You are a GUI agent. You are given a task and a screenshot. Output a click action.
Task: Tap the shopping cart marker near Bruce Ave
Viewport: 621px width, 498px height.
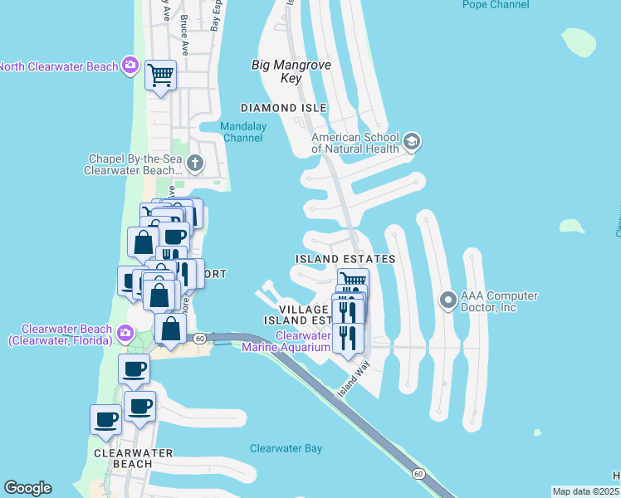(x=160, y=76)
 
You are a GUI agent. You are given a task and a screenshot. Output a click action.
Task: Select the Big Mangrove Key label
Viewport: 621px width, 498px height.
(x=277, y=71)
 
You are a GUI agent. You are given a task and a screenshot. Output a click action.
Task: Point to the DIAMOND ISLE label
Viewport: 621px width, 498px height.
(x=283, y=109)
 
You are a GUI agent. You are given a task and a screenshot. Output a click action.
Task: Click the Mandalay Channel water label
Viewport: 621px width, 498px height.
(x=242, y=132)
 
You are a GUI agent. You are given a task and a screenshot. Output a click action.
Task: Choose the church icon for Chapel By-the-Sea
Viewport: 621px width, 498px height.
(x=195, y=163)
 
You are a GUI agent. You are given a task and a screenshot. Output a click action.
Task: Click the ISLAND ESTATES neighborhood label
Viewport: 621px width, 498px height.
(x=345, y=260)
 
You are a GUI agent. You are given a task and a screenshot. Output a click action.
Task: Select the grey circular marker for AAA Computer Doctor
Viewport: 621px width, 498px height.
(x=448, y=300)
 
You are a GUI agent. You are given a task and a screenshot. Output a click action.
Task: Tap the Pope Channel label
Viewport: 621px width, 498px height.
(x=496, y=5)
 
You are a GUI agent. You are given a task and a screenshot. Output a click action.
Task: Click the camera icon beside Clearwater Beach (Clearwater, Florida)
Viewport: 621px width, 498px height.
(x=125, y=334)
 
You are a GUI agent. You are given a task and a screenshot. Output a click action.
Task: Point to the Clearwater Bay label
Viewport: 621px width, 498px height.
(x=286, y=449)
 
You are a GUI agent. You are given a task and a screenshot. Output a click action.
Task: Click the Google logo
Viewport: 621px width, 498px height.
(x=27, y=488)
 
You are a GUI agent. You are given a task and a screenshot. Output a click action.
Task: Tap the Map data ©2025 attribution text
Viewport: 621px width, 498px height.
(x=585, y=491)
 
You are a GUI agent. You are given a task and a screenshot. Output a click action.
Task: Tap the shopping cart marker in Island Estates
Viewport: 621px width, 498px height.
(x=353, y=282)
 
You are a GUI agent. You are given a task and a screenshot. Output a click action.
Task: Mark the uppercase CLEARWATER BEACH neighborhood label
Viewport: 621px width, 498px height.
(x=133, y=453)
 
